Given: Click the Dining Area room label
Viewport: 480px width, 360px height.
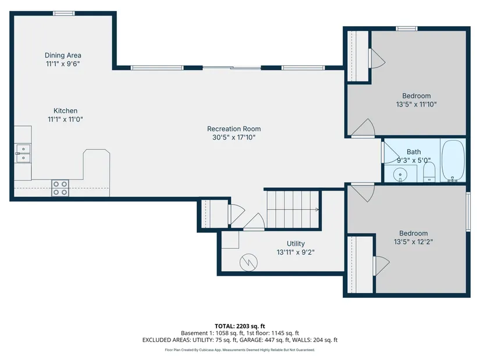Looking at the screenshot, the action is [63, 55].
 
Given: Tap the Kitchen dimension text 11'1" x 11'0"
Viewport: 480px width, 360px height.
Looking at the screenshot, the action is [65, 119].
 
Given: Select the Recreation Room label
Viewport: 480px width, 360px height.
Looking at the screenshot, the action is [234, 129].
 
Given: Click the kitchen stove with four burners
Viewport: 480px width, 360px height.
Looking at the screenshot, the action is [60, 188].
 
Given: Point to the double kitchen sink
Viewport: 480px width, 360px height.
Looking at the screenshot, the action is [23, 154].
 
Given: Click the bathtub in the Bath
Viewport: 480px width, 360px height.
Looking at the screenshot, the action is [453, 161].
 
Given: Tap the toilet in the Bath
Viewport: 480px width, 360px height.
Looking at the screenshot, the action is [429, 172].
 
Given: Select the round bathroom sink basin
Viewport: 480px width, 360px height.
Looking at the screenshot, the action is [400, 175].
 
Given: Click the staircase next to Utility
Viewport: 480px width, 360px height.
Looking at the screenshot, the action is [293, 209].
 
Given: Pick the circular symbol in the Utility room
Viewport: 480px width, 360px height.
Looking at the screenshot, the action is [248, 262].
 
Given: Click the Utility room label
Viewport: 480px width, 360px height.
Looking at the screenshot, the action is [296, 244].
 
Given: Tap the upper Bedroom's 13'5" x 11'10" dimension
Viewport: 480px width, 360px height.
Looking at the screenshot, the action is [417, 104].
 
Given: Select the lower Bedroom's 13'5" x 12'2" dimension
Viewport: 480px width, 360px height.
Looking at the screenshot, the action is [413, 242].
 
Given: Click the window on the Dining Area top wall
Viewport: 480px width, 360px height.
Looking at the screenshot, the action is [63, 13].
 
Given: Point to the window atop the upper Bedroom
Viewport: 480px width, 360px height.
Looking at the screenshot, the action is [407, 28].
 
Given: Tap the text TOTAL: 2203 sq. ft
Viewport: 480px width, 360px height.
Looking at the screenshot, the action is [240, 326].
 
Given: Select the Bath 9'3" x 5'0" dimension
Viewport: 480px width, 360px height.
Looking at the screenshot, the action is [414, 161].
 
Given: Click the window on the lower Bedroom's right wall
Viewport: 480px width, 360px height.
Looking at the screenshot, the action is [468, 211].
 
